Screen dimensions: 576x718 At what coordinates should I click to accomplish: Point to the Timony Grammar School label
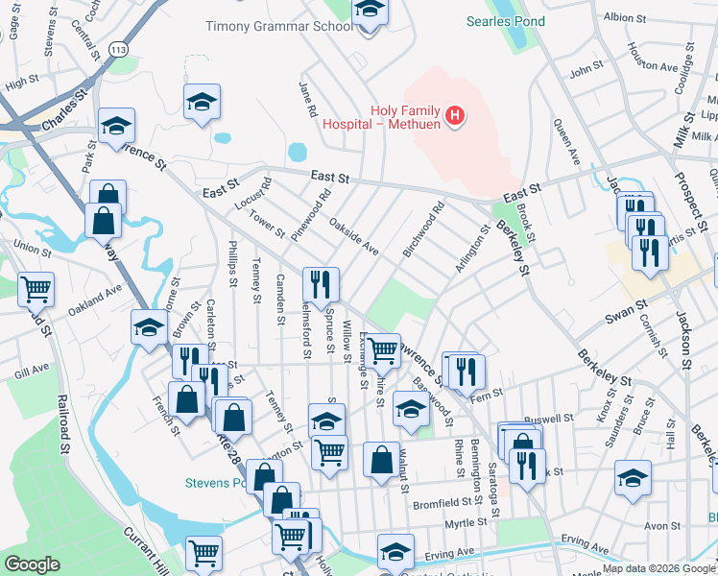pyautogui.click(x=279, y=26)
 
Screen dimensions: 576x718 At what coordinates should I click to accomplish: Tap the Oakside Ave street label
pyautogui.click(x=354, y=236)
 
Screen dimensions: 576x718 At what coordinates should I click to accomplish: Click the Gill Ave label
pyautogui.click(x=32, y=370)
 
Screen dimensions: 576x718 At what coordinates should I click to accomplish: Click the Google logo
pyautogui.click(x=32, y=564)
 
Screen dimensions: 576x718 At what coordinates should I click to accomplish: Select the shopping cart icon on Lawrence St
pyautogui.click(x=383, y=350)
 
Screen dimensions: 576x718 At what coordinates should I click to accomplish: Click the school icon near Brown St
pyautogui.click(x=149, y=328)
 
